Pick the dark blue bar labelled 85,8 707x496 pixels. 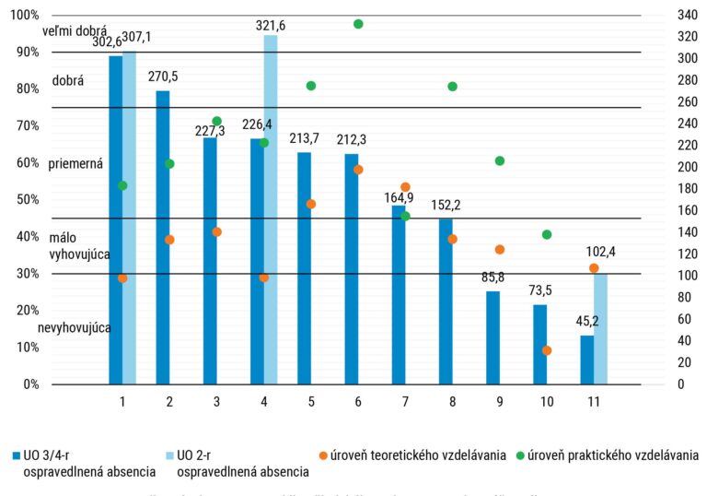493,337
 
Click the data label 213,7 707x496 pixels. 304,139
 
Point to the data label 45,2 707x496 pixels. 587,322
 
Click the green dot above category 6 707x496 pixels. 358,24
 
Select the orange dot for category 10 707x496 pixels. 547,350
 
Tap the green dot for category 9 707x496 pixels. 500,160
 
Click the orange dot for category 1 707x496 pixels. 122,278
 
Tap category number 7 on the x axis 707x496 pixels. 405,402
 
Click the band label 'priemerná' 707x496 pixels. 75,163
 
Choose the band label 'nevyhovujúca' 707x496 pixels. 75,328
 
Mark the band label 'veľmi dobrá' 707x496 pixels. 75,32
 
